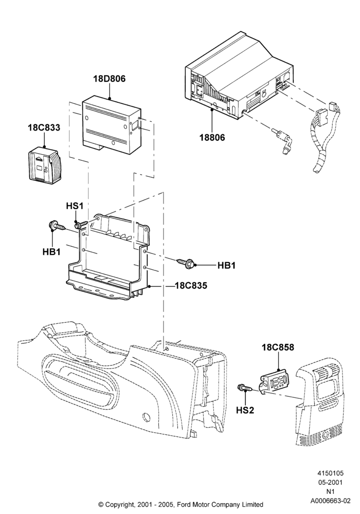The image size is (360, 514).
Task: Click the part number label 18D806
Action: click(109, 79)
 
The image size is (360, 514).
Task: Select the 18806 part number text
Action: click(212, 137)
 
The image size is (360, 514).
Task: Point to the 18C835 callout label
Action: click(191, 285)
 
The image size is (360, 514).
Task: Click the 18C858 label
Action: click(278, 347)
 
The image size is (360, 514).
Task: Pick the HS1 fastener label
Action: click(75, 206)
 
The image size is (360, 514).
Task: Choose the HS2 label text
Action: click(245, 410)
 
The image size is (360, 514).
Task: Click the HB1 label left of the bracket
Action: click(51, 252)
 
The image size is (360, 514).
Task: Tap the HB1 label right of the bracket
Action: click(227, 265)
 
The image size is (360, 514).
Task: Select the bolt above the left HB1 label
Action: click(57, 226)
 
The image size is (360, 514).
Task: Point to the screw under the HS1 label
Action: click(81, 225)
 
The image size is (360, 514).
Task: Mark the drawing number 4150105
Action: click(331, 473)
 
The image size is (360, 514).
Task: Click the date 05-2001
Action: click(331, 483)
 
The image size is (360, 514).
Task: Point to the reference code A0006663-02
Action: click(331, 501)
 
